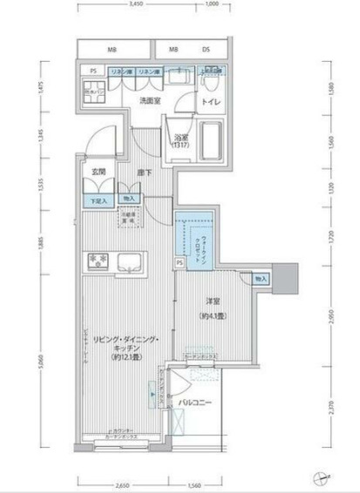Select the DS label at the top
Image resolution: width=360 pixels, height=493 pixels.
[207, 50]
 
